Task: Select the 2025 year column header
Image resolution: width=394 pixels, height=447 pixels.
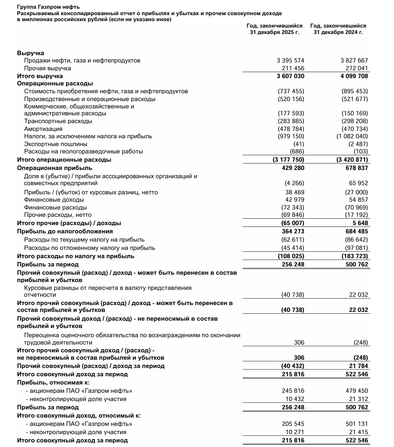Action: [x=275, y=29]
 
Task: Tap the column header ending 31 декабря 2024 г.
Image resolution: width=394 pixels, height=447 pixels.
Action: [x=338, y=29]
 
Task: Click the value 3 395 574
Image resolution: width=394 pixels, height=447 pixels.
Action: [x=290, y=61]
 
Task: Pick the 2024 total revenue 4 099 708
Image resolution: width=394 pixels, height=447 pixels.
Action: [x=354, y=76]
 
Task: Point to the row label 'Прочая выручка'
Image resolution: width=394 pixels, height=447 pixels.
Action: [x=47, y=68]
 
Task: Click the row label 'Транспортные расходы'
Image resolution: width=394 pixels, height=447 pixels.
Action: [x=58, y=121]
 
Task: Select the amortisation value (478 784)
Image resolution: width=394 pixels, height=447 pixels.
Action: [x=291, y=129]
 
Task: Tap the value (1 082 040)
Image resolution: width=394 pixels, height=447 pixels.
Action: [x=352, y=136]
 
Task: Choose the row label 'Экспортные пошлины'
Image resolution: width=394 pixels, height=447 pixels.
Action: [x=56, y=144]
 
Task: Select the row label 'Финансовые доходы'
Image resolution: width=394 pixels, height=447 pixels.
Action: [x=54, y=200]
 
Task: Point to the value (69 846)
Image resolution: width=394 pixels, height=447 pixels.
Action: [x=292, y=215]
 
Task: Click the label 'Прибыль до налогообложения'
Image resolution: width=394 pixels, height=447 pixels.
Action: [x=65, y=232]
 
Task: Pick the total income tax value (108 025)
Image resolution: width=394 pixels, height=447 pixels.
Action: [x=291, y=256]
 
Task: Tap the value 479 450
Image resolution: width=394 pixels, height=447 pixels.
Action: [x=357, y=391]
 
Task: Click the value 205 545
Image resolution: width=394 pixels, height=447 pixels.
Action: [x=293, y=424]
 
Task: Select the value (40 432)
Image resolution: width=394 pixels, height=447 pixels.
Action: [x=292, y=366]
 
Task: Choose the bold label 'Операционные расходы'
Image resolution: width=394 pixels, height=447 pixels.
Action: [x=55, y=84]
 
